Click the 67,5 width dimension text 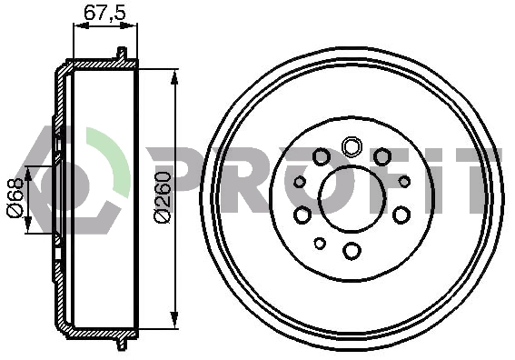104,13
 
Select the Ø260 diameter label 163,197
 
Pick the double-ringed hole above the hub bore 352,146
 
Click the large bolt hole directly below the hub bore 352,251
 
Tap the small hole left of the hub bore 300,182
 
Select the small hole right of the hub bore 404,182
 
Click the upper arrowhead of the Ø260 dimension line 174,78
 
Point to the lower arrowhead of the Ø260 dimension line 174,320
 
